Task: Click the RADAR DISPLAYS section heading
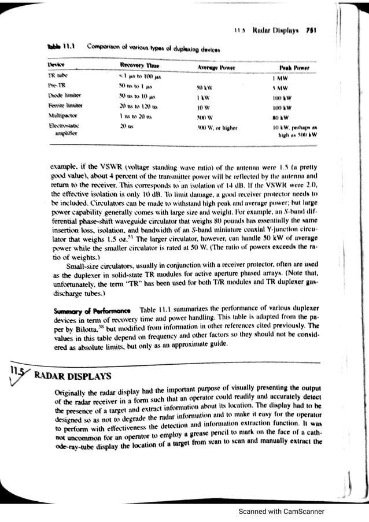point(73,377)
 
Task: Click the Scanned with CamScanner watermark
point(282,512)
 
